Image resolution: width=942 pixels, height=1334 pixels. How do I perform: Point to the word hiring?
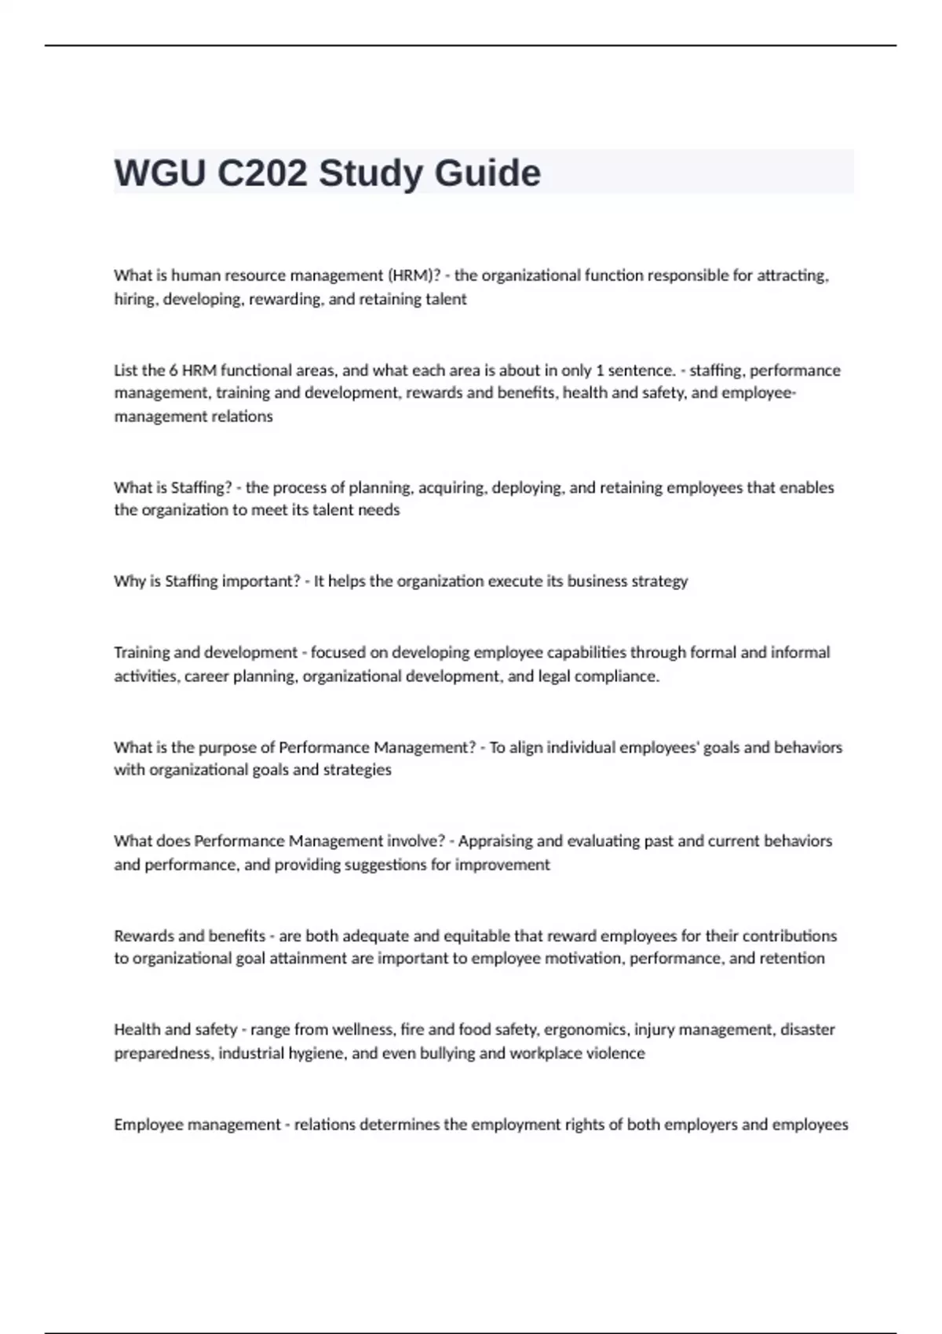click(x=136, y=299)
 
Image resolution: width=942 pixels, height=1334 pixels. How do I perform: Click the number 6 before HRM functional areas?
click(x=173, y=370)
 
